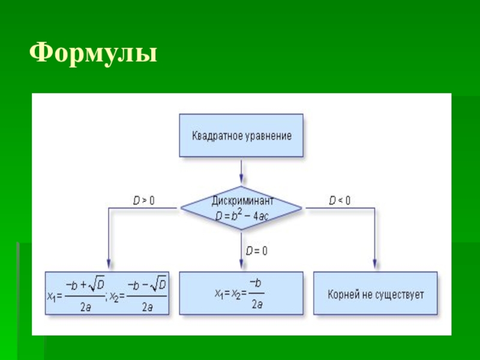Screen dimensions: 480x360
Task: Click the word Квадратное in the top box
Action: point(214,136)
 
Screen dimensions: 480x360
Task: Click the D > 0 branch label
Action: point(143,200)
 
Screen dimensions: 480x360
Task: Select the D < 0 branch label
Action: point(340,200)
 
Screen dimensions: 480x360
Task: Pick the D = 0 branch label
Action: point(256,250)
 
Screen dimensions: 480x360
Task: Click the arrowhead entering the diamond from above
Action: point(241,179)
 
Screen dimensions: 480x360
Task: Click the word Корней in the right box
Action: point(343,295)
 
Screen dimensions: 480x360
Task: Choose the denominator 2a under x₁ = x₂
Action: point(256,305)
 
